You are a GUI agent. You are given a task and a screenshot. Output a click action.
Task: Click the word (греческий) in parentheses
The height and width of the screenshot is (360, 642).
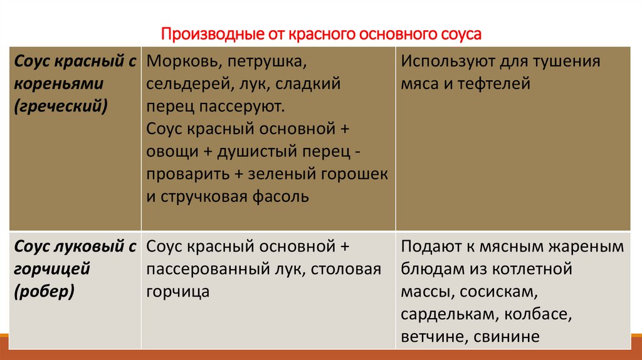pos(61,107)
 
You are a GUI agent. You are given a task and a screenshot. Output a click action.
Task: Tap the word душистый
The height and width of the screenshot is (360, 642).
pos(248,152)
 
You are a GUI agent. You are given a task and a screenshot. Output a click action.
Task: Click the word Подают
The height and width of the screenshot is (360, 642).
pos(429,246)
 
